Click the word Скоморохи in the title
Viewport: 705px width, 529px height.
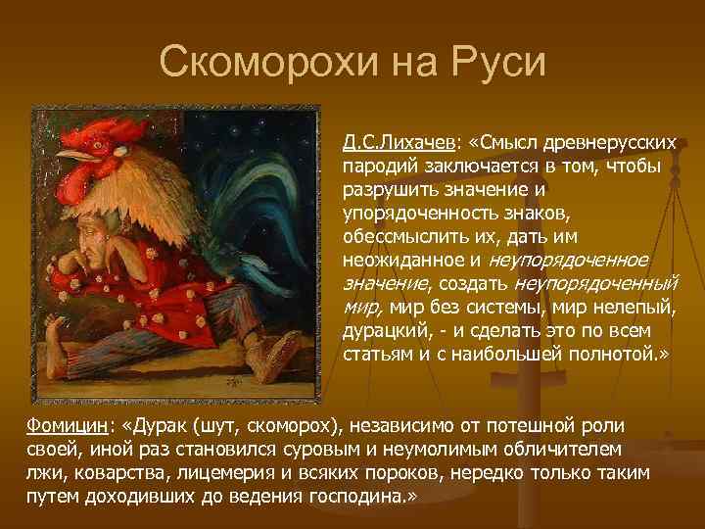pos(260,64)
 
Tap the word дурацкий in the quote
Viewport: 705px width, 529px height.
pos(383,331)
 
